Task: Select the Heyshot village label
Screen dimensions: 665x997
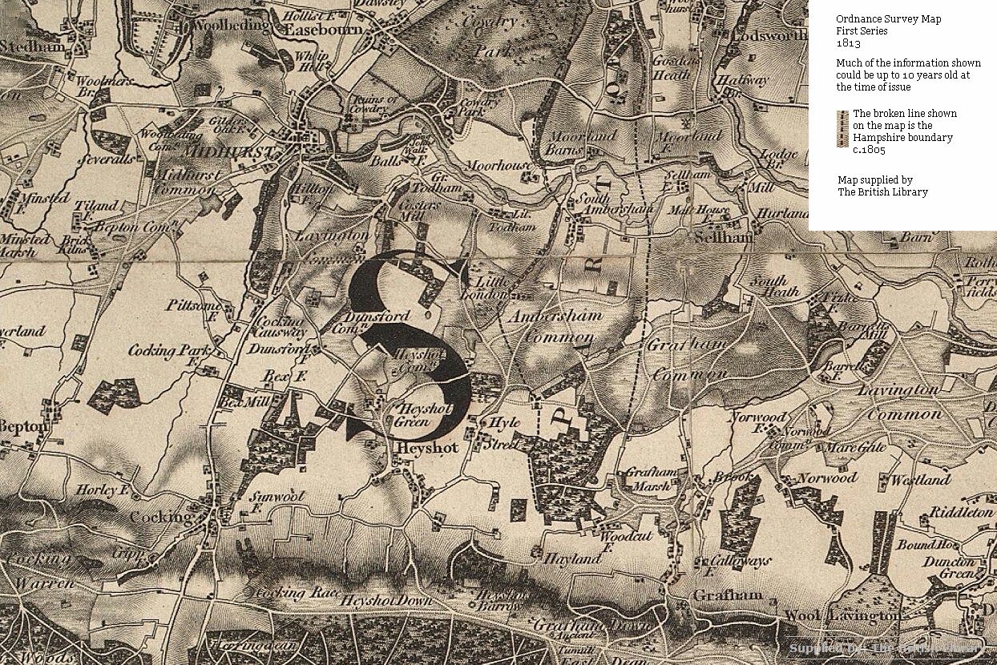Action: (427, 448)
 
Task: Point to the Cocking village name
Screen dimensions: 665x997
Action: (161, 517)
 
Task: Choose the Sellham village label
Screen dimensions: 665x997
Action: (724, 238)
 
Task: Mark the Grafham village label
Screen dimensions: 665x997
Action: (728, 596)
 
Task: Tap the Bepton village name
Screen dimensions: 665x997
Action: (23, 426)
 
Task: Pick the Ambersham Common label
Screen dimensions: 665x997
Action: (555, 326)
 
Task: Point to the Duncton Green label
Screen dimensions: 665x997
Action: (949, 567)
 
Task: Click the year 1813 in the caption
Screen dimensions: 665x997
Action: (848, 43)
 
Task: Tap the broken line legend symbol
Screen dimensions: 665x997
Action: (842, 129)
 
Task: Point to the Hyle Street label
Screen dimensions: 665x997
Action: (503, 432)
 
